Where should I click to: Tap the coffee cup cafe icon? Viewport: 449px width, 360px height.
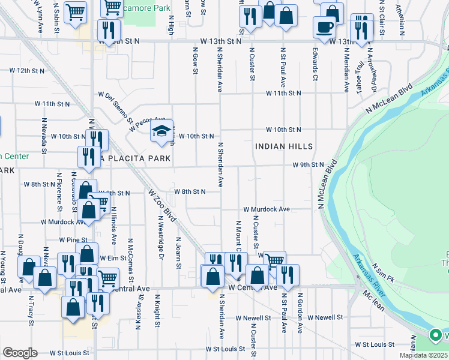(x=324, y=28)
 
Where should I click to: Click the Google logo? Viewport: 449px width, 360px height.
(x=20, y=353)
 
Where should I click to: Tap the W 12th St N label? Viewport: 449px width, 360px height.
(x=28, y=71)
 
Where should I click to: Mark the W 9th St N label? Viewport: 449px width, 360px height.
(x=308, y=164)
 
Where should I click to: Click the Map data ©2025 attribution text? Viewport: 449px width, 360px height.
(x=424, y=355)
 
